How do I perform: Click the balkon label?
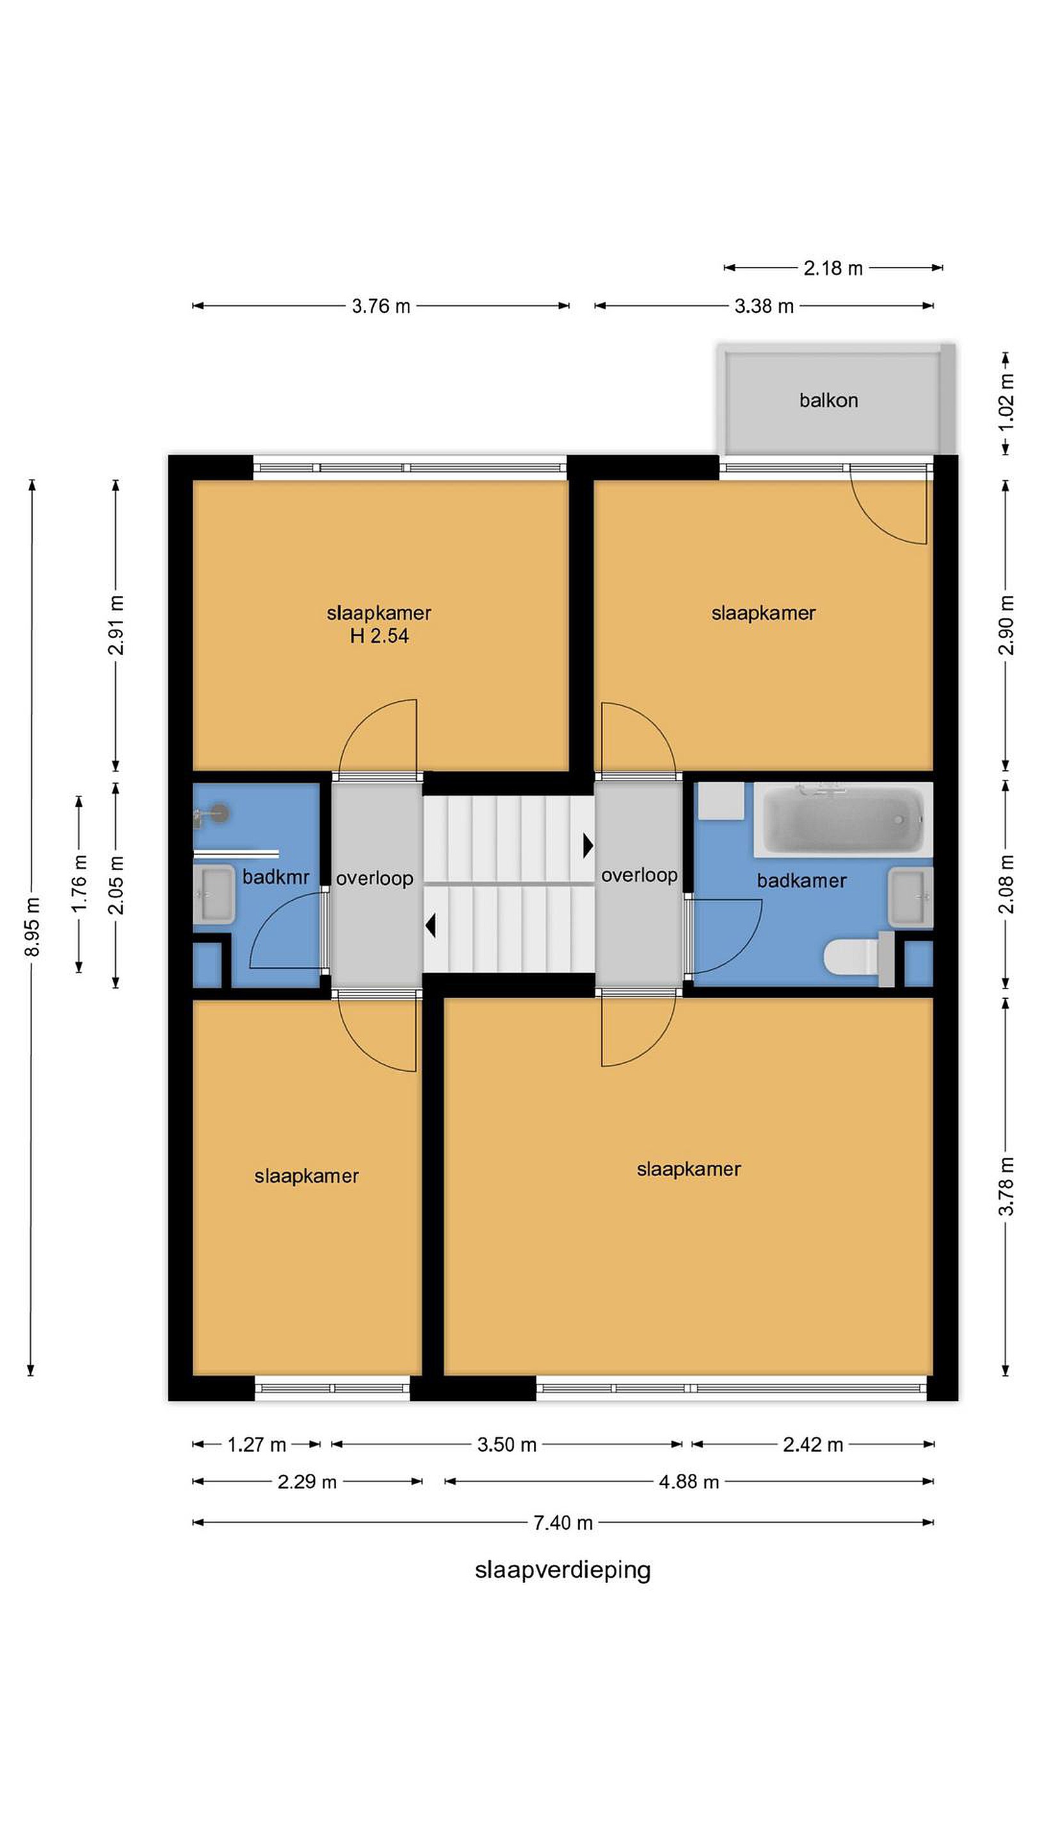pyautogui.click(x=828, y=400)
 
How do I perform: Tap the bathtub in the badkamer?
pyautogui.click(x=843, y=819)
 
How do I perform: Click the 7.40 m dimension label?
pyautogui.click(x=563, y=1523)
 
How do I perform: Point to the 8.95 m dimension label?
pyautogui.click(x=32, y=926)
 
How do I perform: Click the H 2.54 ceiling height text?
pyautogui.click(x=380, y=636)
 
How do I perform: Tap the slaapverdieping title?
pyautogui.click(x=563, y=1570)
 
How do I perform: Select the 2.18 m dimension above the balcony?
pyautogui.click(x=833, y=268)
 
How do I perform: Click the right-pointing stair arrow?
pyautogui.click(x=588, y=845)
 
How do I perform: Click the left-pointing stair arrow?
pyautogui.click(x=430, y=926)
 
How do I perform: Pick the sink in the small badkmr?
pyautogui.click(x=213, y=894)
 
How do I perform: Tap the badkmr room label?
pyautogui.click(x=275, y=877)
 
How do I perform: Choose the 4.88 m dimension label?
pyautogui.click(x=689, y=1482)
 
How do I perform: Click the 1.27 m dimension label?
pyautogui.click(x=256, y=1444)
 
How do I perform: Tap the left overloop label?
pyautogui.click(x=374, y=878)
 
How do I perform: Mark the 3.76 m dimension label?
pyautogui.click(x=381, y=307)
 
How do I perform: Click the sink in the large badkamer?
pyautogui.click(x=911, y=898)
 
